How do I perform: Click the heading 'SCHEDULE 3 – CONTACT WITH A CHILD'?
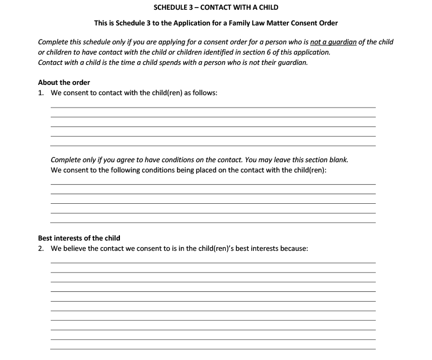click(215, 8)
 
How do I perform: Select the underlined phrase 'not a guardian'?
click(333, 42)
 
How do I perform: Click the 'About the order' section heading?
click(64, 83)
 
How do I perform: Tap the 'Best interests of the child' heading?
click(79, 238)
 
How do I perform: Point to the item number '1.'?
click(42, 93)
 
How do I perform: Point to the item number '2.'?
click(42, 249)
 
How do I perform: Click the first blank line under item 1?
click(213, 107)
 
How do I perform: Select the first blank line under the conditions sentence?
click(213, 184)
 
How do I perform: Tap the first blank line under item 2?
click(213, 263)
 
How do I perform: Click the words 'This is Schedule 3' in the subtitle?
click(125, 23)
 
